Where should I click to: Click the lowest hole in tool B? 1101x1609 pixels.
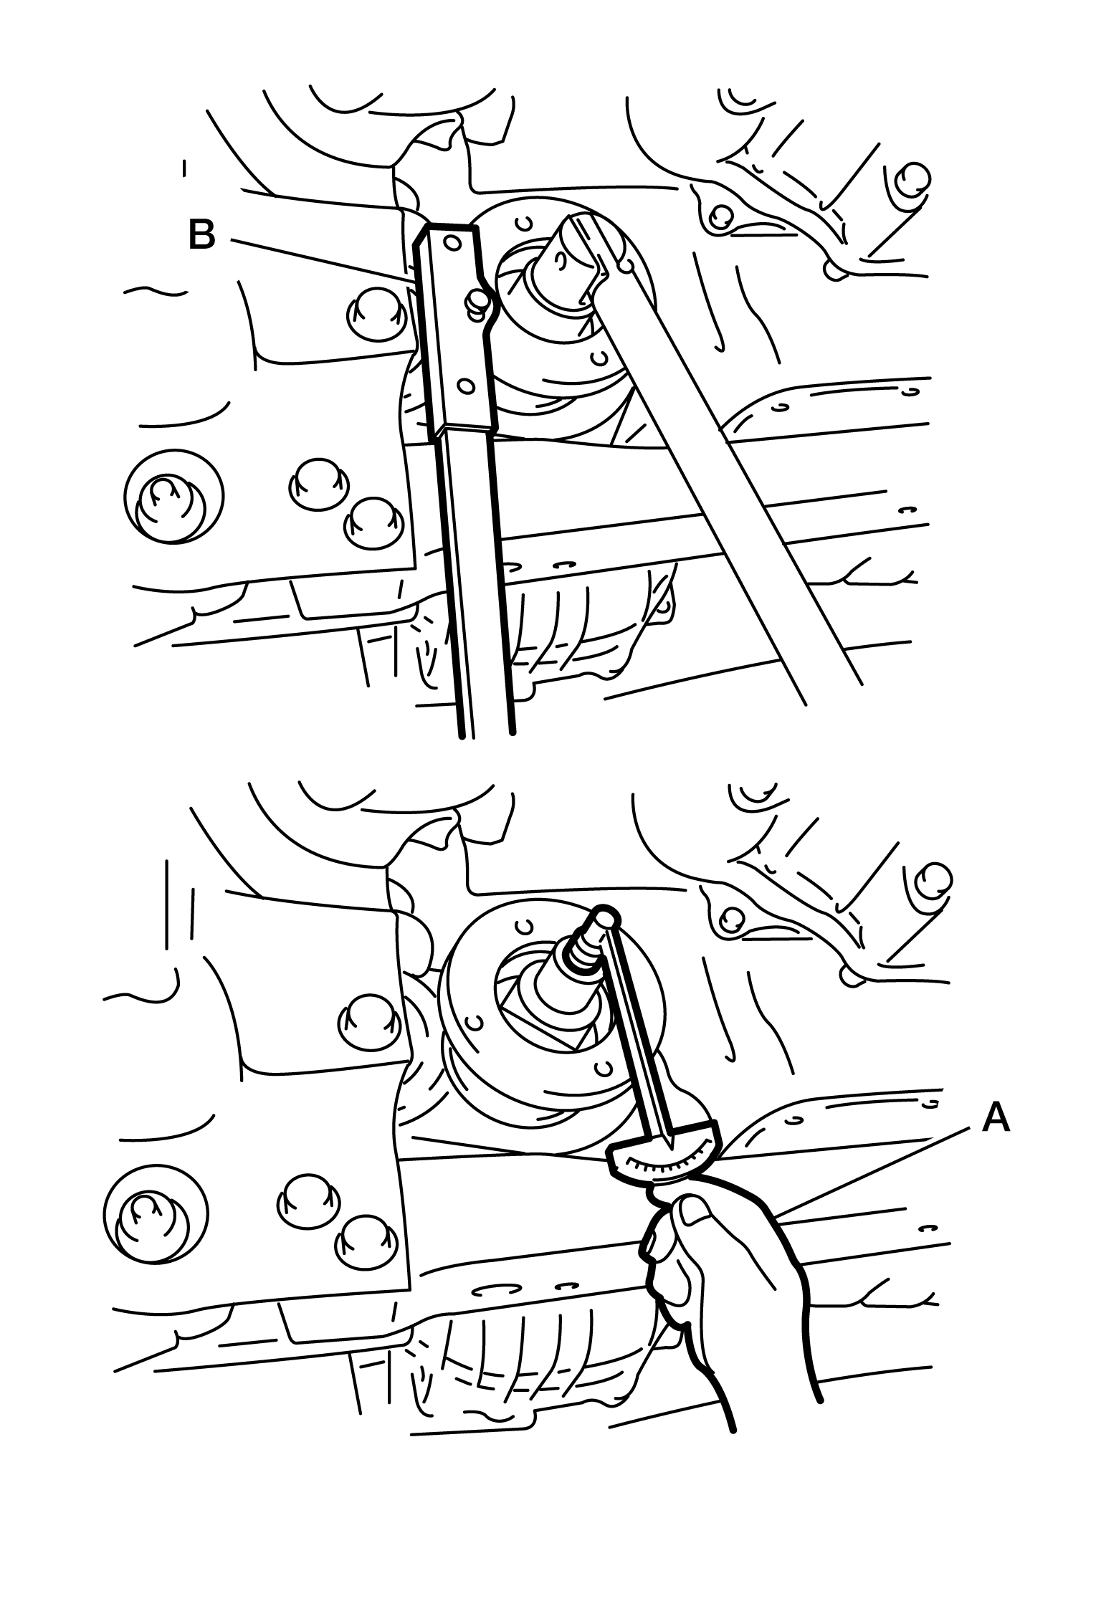(467, 387)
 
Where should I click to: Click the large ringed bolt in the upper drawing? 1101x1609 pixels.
(173, 496)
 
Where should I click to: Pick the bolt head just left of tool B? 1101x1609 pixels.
(371, 314)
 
